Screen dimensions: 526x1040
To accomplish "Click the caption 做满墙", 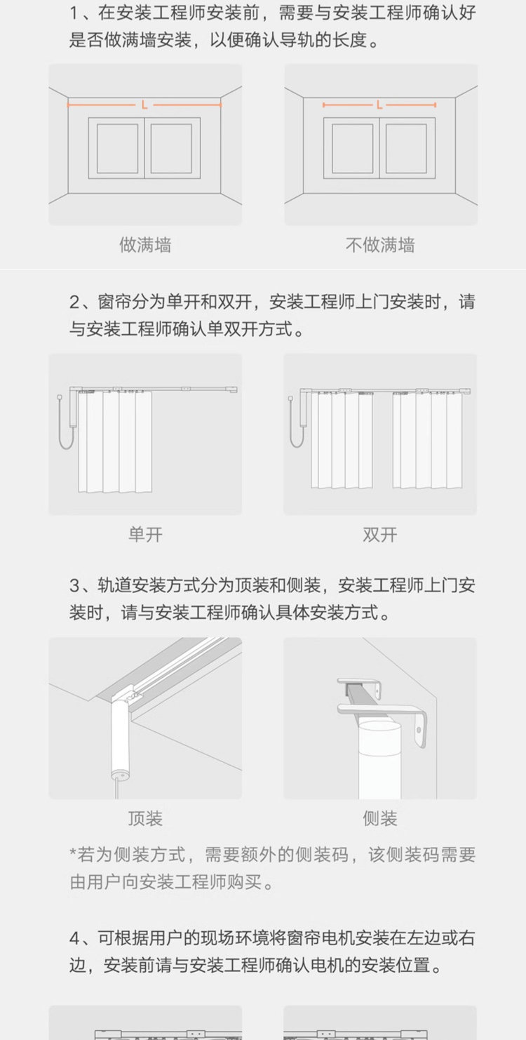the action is [145, 245].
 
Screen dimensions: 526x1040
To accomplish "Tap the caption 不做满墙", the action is [380, 245].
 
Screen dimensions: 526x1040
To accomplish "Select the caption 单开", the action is [145, 535].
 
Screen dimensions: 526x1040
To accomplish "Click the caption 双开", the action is [380, 535].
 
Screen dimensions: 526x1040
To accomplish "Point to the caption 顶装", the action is [145, 818].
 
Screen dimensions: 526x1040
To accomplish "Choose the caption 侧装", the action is [380, 818].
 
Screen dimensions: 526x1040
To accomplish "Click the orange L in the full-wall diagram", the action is [144, 105].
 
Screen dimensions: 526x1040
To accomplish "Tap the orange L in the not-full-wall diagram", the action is [379, 105].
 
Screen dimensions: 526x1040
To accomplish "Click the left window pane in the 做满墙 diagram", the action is [117, 148].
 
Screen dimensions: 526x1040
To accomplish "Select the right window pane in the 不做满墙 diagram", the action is [406, 148].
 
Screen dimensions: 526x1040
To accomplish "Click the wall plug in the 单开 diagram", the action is [60, 398].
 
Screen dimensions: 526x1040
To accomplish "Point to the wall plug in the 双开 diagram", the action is [291, 399].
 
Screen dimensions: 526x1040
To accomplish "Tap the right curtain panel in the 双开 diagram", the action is [427, 440].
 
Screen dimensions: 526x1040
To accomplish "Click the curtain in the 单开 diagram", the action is [115, 441].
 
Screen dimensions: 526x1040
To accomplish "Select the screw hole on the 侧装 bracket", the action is [419, 730].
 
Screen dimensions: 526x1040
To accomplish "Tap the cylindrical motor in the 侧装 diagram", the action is [379, 759].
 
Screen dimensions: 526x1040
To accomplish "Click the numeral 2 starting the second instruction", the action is [74, 302].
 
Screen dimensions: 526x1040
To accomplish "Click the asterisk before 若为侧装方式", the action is [73, 851].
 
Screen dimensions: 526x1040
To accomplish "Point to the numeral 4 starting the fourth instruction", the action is [74, 938].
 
